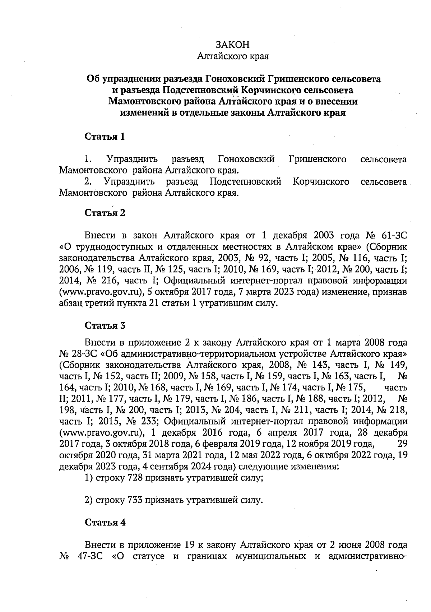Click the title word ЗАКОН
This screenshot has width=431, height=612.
click(x=232, y=45)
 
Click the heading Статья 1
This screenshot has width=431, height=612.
click(x=105, y=136)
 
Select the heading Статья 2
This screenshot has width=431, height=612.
click(x=105, y=213)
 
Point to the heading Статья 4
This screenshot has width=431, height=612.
click(x=105, y=523)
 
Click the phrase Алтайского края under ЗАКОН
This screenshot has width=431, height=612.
click(x=233, y=56)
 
